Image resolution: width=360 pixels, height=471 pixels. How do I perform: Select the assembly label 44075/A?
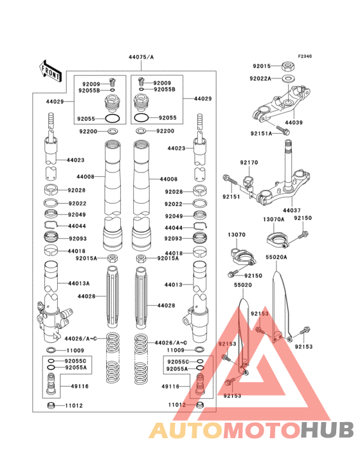[141, 57]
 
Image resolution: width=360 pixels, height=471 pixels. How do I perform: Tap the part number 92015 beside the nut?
[262, 66]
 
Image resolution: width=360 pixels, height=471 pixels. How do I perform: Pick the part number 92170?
[249, 163]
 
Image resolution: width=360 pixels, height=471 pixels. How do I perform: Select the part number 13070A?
[273, 219]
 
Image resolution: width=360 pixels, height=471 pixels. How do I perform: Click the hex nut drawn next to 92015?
[288, 66]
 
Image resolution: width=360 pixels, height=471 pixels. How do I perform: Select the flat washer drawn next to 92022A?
[289, 78]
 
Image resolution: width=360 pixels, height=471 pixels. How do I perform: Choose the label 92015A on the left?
[85, 258]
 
